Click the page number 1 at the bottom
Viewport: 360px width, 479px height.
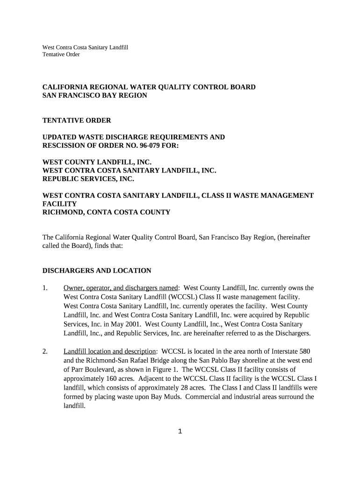tap(180, 431)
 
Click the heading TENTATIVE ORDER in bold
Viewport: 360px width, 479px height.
tap(77, 120)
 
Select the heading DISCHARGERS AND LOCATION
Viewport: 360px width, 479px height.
tap(97, 270)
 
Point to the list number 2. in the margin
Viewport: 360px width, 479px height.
tap(46, 351)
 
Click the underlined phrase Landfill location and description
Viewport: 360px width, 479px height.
tap(109, 351)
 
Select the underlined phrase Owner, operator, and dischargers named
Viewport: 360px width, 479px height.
tap(121, 288)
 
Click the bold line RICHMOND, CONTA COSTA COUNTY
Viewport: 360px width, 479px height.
tap(107, 212)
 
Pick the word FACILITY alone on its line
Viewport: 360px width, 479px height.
tap(59, 204)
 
